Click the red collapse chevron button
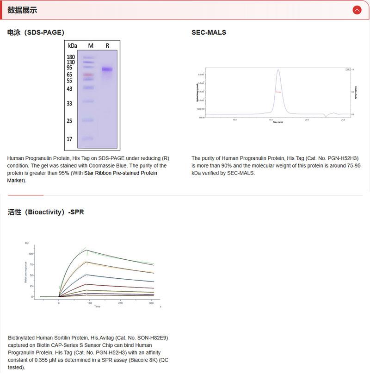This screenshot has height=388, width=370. point(357,10)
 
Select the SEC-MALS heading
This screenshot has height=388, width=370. point(209,32)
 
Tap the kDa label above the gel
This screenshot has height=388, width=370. point(73,46)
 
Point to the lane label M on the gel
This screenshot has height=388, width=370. point(91,46)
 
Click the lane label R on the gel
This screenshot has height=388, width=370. point(107,46)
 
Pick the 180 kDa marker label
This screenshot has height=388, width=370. point(71,57)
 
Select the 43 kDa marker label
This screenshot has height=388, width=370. point(69,89)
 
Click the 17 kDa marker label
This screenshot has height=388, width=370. point(69,139)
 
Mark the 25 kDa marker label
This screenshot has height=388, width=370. point(69,121)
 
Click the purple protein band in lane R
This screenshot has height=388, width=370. point(107,69)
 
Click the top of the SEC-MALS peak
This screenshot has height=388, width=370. point(278,70)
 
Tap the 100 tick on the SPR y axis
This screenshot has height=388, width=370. point(31,254)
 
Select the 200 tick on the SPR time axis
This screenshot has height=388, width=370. point(120,303)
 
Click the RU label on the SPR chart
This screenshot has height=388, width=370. point(27,243)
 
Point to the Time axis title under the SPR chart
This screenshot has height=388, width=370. point(97,307)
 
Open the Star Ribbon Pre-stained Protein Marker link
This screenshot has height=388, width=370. point(120,173)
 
